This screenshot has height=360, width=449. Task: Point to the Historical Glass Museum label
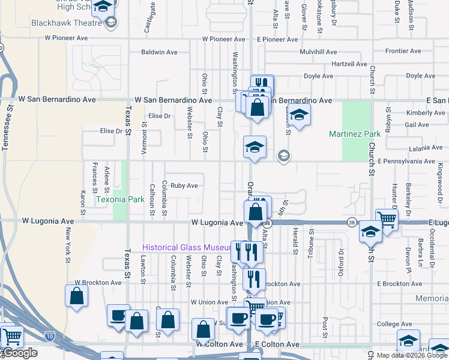coord(187,248)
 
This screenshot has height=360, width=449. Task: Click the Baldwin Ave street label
coord(159,52)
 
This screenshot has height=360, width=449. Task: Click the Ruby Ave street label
coord(184,186)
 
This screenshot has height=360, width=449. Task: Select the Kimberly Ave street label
coord(425,113)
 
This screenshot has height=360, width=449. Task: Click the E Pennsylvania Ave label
coord(406,161)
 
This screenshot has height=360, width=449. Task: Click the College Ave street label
coord(394,325)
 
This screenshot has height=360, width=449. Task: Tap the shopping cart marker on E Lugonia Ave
coord(387,220)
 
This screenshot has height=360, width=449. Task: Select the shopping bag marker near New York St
coord(76,296)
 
